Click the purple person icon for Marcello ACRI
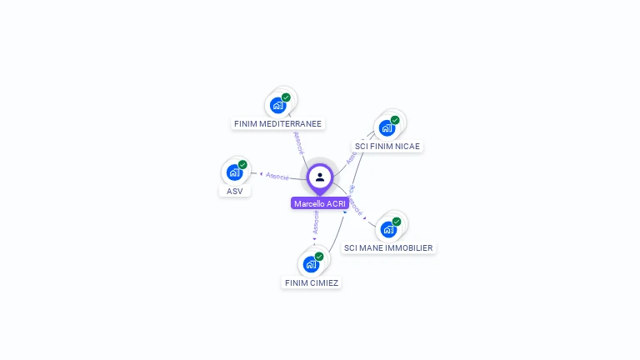tap(320, 177)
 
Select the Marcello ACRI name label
tap(320, 203)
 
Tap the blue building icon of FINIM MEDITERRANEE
tap(277, 106)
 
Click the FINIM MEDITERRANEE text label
tap(277, 124)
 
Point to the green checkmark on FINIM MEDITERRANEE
tap(286, 97)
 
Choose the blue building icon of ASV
tap(234, 172)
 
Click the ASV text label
tap(234, 191)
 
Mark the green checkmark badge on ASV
tap(242, 165)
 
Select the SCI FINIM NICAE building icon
tap(387, 128)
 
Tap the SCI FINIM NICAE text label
tap(387, 147)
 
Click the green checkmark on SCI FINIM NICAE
tap(395, 120)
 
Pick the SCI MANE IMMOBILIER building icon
tap(388, 229)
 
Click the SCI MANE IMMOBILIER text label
tap(388, 247)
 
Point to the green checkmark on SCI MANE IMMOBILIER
tap(397, 222)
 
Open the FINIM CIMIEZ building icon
tap(311, 264)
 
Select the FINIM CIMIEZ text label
tap(312, 282)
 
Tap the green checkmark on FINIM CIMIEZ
tap(319, 257)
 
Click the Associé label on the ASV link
tap(277, 176)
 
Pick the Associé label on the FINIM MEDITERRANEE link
tap(298, 142)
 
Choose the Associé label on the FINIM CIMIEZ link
tap(316, 222)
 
